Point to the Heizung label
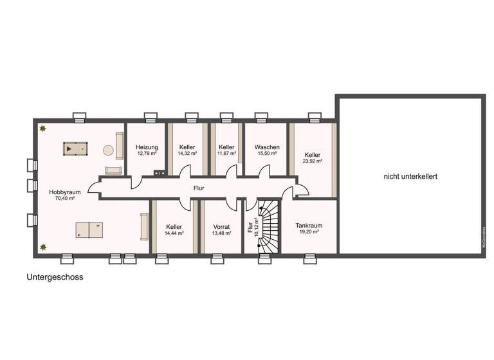point(147,147)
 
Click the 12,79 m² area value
point(147,154)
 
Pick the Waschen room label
point(266,147)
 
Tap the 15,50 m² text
point(266,154)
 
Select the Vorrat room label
point(221,227)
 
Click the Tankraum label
point(309,226)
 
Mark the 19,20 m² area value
point(309,233)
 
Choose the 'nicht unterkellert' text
point(410,175)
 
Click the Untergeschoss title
point(55,278)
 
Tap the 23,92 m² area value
point(313,162)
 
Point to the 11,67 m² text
point(226,154)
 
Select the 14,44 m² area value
point(174,234)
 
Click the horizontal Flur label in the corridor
point(199,189)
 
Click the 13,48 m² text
point(221,234)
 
